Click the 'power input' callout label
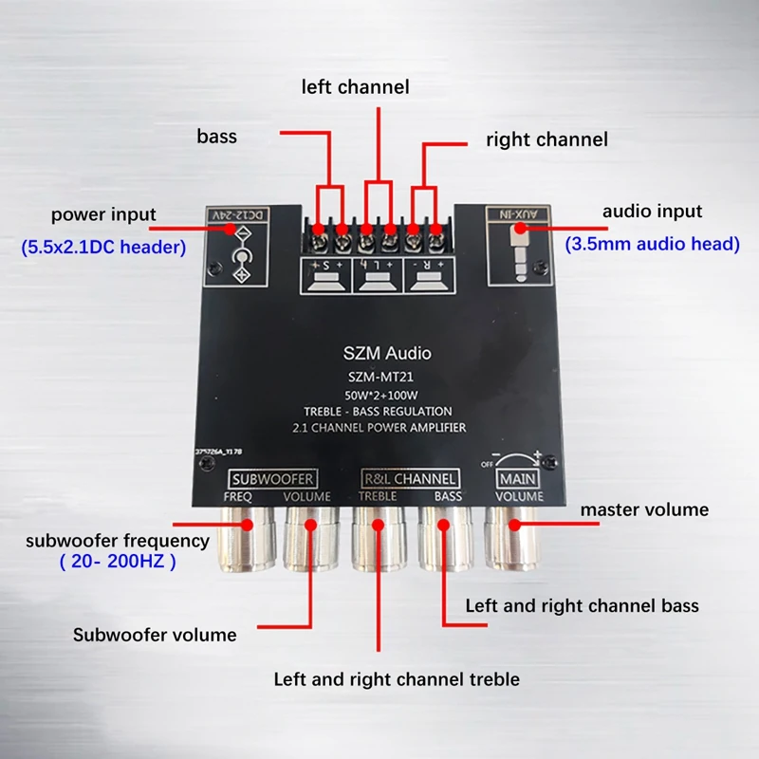[x=103, y=214]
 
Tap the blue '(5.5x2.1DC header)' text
[x=103, y=248]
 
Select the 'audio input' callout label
[x=653, y=212]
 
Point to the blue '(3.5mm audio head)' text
[x=653, y=244]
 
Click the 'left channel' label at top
[x=356, y=87]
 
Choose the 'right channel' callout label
[x=546, y=139]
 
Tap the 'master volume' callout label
[x=644, y=509]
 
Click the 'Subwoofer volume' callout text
[x=155, y=635]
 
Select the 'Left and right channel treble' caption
[x=397, y=679]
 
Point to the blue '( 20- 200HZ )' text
[x=118, y=561]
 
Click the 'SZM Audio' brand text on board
[x=386, y=354]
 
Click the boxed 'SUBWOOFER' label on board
[x=273, y=477]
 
